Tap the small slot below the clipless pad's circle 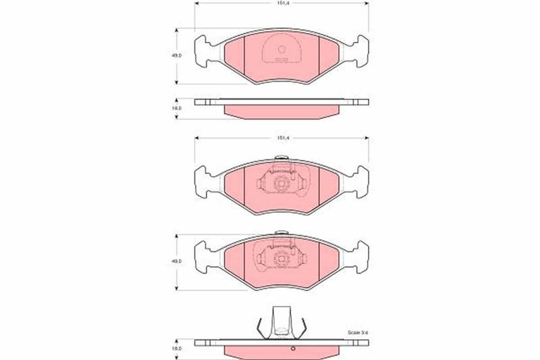[x=282, y=59]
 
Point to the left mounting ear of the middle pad [x=205, y=180]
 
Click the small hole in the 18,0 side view [x=294, y=349]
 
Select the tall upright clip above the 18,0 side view [x=282, y=323]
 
